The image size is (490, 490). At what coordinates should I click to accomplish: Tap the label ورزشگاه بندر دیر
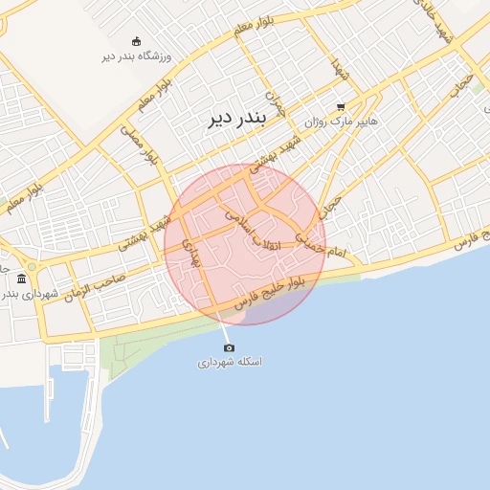coord(135,56)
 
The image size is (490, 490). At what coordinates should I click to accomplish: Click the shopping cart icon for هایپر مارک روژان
coord(341,107)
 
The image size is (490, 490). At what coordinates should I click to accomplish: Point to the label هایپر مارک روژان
coord(342,122)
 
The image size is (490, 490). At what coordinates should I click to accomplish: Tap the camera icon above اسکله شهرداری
coord(229,347)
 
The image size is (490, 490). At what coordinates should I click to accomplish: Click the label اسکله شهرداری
coord(230,363)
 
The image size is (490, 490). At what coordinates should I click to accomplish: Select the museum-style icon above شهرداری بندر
coord(22,278)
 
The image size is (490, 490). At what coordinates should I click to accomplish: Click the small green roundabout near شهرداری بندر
coord(32,265)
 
